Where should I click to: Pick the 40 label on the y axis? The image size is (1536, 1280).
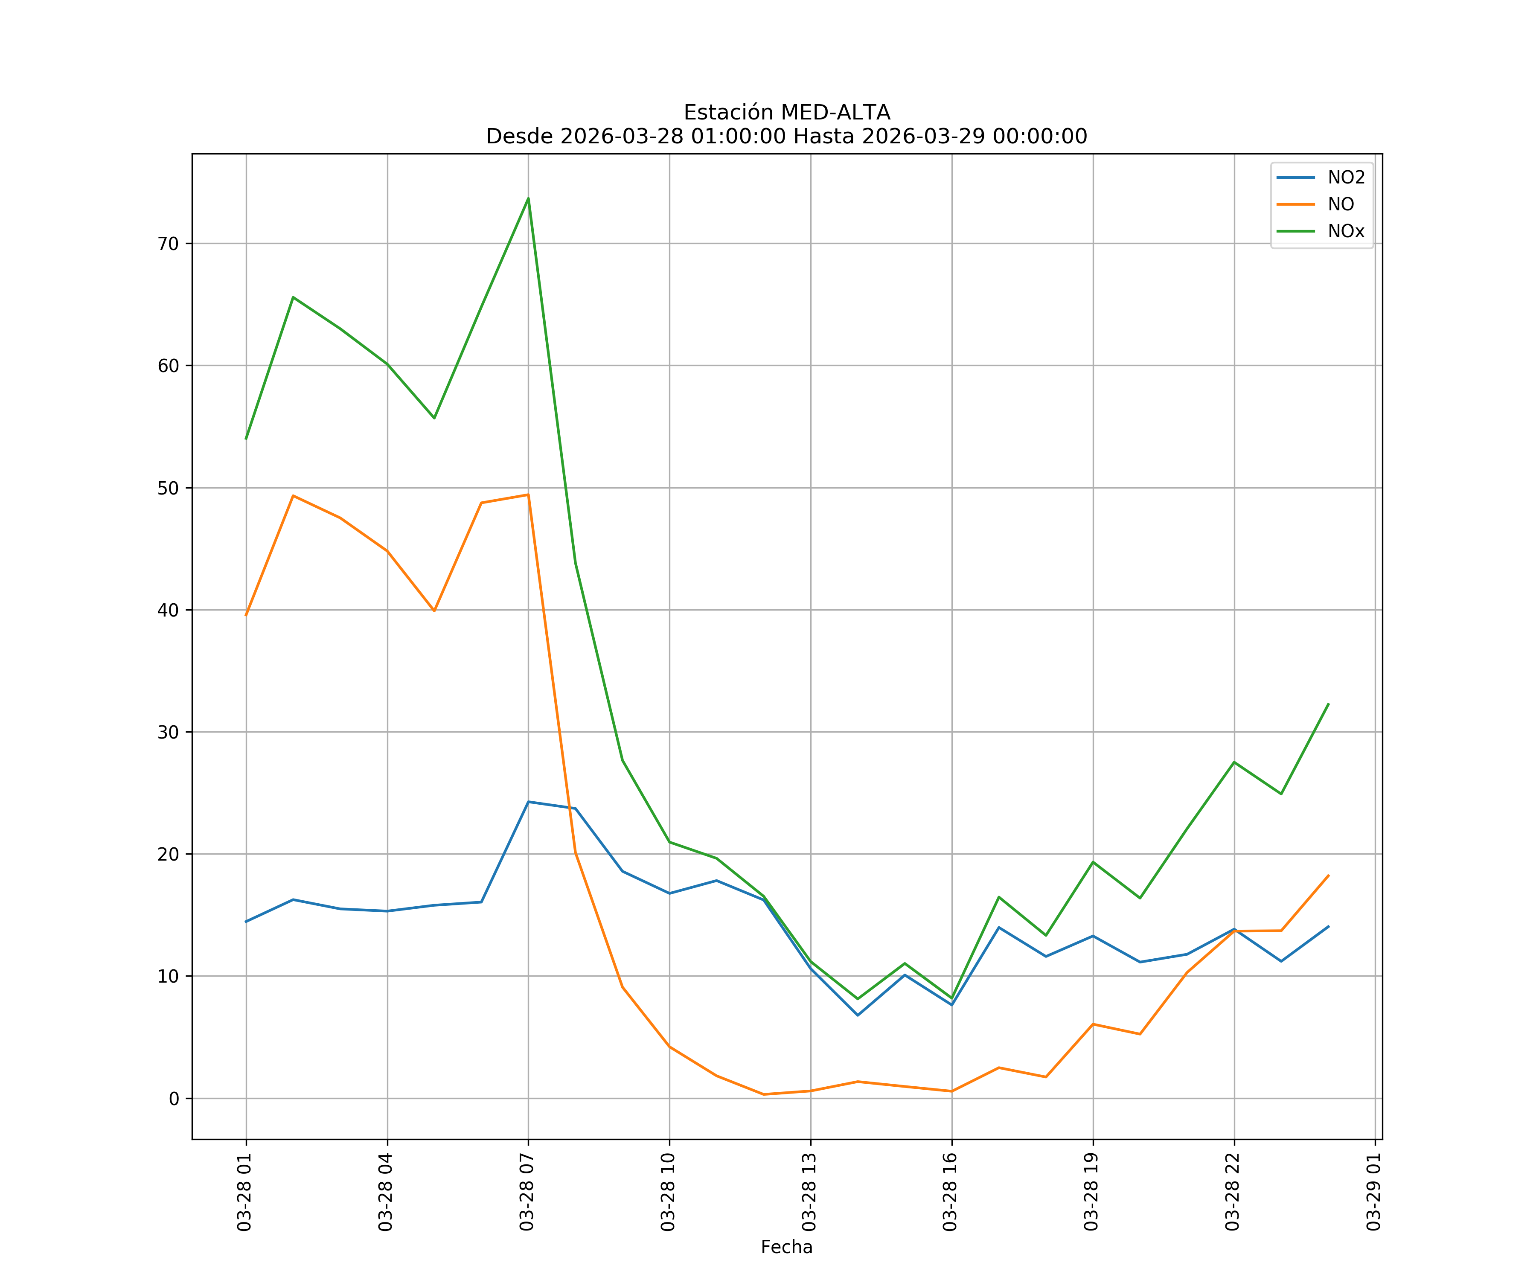click(168, 610)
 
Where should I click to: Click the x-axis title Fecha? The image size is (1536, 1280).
click(786, 1247)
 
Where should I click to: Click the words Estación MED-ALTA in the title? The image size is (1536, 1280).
click(786, 113)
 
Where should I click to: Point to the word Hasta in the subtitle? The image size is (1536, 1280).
click(823, 137)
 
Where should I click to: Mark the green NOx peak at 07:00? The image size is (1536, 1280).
click(528, 198)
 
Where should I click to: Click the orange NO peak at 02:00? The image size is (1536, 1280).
click(293, 496)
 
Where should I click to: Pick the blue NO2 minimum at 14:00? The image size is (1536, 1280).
click(857, 1015)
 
